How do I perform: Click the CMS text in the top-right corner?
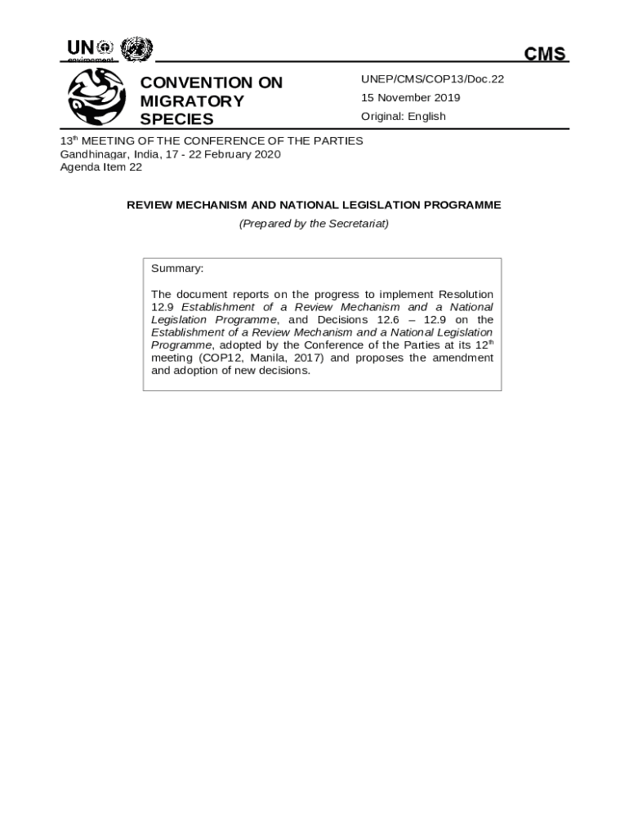[545, 54]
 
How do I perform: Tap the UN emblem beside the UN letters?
[136, 49]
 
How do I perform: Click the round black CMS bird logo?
[96, 96]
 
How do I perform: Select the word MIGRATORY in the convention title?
[192, 101]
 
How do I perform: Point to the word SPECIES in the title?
[176, 119]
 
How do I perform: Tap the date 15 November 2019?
[411, 98]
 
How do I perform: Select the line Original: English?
[404, 116]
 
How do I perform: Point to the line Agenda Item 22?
[101, 167]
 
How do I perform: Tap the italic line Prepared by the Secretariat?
[314, 223]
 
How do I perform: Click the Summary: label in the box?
[177, 269]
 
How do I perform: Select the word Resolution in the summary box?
[466, 294]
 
